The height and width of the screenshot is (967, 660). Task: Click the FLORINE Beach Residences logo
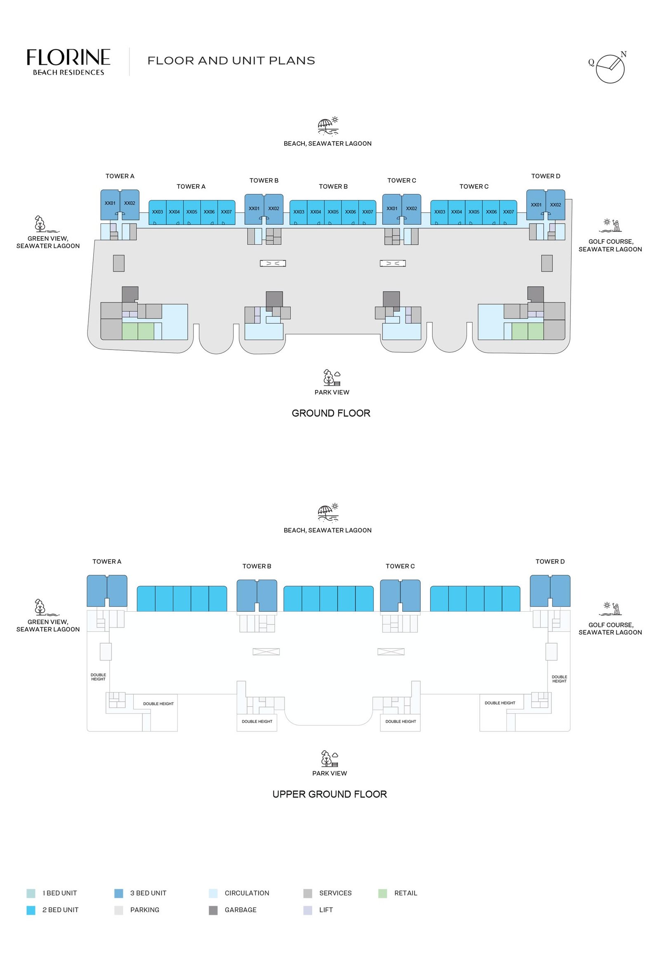68,62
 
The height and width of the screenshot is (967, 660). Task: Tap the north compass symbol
610,69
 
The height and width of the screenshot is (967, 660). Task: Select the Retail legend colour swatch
382,893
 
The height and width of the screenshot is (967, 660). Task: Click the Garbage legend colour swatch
213,910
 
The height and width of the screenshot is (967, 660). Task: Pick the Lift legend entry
325,910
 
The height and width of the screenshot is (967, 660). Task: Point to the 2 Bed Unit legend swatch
31,910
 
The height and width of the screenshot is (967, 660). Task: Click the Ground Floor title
331,413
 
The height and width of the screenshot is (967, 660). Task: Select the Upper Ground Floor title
329,794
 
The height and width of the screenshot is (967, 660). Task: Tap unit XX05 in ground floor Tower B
333,212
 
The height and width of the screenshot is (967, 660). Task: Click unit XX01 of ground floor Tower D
536,205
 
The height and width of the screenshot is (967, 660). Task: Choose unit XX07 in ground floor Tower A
226,212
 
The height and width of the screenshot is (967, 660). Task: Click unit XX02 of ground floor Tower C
411,208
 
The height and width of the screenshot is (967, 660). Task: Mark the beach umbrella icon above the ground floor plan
328,125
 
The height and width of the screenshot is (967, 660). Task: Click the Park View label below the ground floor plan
332,392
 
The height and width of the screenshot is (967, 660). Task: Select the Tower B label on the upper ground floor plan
257,566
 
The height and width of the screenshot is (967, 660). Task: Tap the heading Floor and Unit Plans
231,61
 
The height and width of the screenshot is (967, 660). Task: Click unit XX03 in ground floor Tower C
439,212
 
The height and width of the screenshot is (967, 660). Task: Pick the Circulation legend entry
247,893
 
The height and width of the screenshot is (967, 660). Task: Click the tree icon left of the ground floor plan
40,223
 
